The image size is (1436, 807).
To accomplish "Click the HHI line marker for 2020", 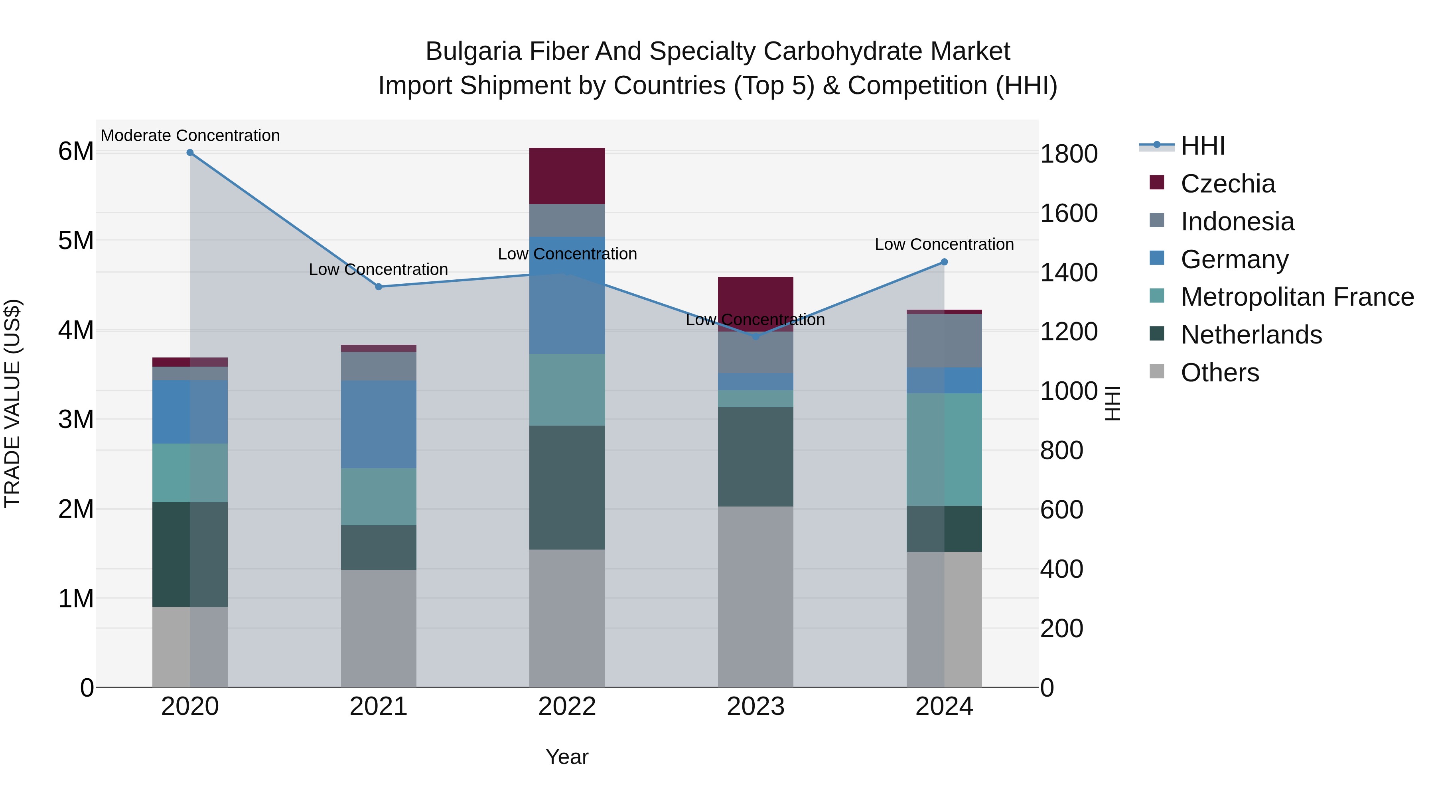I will click(190, 153).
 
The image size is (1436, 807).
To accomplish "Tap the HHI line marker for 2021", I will click(379, 287).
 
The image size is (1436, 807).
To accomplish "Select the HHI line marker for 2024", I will click(944, 262).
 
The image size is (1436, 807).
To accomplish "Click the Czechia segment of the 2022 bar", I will click(567, 176).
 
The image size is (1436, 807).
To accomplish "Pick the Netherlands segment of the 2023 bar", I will click(755, 457).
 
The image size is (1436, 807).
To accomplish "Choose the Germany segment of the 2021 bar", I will click(379, 424).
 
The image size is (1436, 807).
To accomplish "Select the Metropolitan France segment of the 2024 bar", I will click(944, 450).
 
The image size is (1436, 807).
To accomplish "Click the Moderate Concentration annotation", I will click(190, 136).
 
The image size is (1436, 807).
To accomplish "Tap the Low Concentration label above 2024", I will click(944, 245).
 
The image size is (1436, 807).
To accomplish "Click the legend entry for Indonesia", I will click(1237, 222).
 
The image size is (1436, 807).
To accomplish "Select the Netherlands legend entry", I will click(1251, 335).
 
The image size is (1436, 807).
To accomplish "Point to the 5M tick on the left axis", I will click(76, 241).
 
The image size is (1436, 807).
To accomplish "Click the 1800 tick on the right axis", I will click(1069, 154).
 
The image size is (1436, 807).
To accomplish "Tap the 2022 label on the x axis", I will click(567, 707).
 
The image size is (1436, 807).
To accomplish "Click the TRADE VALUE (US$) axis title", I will click(12, 403).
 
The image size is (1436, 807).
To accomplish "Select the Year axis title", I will click(567, 757).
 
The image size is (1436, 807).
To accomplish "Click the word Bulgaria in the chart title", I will click(473, 51).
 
